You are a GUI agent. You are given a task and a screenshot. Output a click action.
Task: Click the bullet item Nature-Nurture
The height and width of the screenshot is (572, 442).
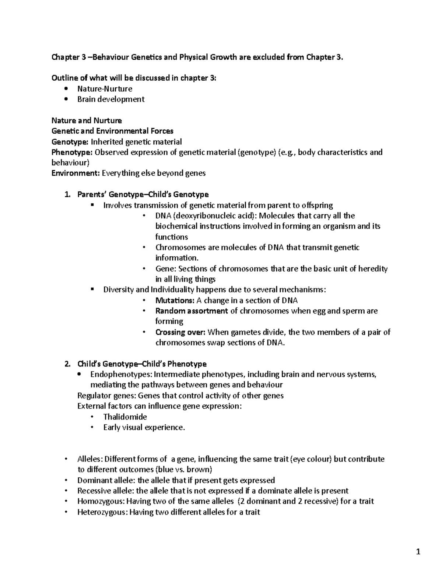click(x=105, y=89)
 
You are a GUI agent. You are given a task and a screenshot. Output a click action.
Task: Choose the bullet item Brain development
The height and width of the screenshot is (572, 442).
click(x=110, y=99)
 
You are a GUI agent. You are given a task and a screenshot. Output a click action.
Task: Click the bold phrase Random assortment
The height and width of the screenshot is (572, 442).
click(x=192, y=311)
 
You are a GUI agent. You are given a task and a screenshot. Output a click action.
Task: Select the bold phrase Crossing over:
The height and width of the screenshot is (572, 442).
click(x=180, y=332)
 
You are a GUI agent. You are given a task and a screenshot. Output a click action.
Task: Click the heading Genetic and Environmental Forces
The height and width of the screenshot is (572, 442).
click(x=112, y=131)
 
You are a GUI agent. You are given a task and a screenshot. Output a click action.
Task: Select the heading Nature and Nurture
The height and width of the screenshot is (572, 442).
click(x=87, y=121)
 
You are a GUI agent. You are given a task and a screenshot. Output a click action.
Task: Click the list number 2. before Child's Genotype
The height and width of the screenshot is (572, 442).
click(x=67, y=364)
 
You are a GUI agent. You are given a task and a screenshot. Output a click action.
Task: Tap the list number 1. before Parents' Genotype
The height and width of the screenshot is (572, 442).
click(x=67, y=194)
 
